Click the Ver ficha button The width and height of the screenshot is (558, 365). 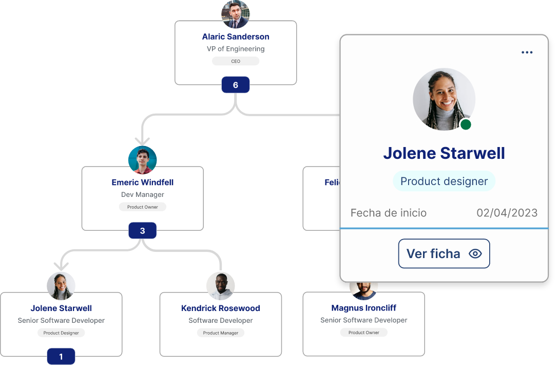click(444, 253)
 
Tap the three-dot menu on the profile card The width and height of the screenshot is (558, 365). click(527, 52)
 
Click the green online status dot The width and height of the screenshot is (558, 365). click(466, 124)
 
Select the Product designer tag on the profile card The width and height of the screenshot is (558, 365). click(444, 181)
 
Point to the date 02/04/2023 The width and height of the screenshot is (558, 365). click(507, 213)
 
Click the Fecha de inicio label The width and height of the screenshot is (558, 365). click(389, 213)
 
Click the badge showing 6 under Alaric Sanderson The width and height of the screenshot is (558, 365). click(236, 85)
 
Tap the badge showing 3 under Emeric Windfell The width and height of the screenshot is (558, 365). click(142, 231)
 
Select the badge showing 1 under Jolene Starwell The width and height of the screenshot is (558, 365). click(61, 356)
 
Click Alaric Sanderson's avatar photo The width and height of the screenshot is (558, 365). click(236, 14)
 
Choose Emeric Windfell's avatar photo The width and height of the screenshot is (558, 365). click(142, 160)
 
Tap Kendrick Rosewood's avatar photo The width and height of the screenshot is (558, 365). click(221, 286)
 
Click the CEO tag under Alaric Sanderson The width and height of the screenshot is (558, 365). click(236, 61)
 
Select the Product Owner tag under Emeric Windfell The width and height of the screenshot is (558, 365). click(143, 207)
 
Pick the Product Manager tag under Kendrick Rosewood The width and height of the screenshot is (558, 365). click(221, 333)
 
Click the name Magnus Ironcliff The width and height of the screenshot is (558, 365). click(364, 308)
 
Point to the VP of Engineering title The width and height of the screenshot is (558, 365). click(236, 49)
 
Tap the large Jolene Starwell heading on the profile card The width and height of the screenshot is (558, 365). click(444, 153)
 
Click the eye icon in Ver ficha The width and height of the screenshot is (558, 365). click(475, 253)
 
